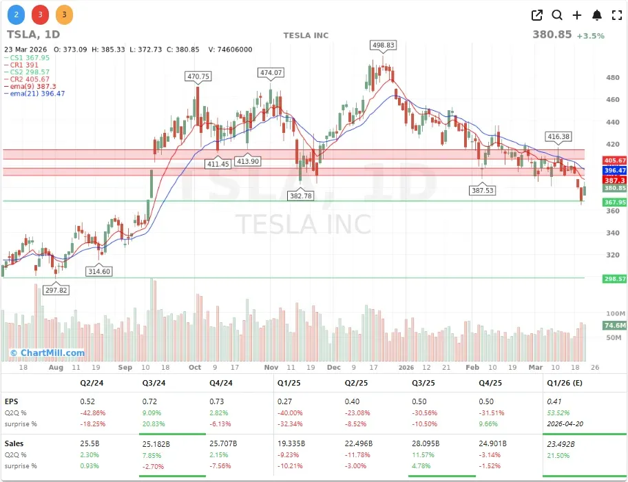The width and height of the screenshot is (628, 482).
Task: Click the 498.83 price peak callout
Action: (384, 45)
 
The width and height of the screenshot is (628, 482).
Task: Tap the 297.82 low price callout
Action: (56, 290)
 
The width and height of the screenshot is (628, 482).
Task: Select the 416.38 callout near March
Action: (558, 137)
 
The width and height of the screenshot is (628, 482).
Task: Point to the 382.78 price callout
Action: (301, 196)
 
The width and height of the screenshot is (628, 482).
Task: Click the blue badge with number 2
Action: (17, 14)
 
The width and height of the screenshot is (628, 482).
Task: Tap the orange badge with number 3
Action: (63, 14)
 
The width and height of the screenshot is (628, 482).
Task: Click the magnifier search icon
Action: (557, 15)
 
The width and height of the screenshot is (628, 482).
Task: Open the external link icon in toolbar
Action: (537, 15)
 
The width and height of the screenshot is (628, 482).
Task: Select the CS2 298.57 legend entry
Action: (29, 72)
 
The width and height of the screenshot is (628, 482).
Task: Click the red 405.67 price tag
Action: (595, 160)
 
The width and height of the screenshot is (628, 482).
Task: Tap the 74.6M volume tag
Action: (595, 326)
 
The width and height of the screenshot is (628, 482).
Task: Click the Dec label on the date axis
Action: (333, 368)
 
